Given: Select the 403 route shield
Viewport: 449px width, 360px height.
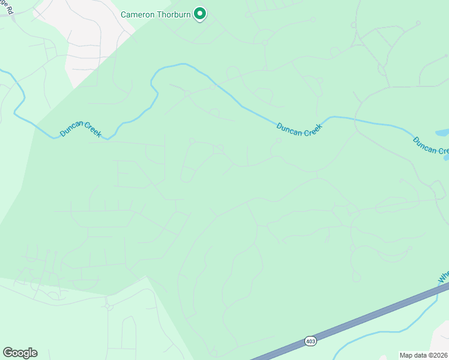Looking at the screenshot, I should (x=310, y=341).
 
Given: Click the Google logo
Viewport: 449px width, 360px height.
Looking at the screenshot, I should (x=20, y=353).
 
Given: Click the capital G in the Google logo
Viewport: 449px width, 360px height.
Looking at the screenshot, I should (x=8, y=353).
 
